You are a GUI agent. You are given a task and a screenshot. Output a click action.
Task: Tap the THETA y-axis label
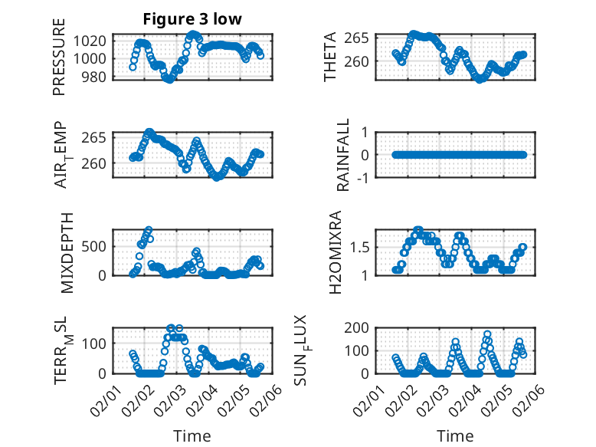point(329,57)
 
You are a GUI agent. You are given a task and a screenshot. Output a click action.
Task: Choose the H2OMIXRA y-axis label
point(335,251)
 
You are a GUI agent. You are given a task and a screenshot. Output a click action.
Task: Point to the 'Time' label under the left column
point(192,435)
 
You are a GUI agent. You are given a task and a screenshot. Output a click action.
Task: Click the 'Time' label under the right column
point(455,435)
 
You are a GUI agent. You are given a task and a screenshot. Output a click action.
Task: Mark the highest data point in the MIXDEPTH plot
point(149,229)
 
